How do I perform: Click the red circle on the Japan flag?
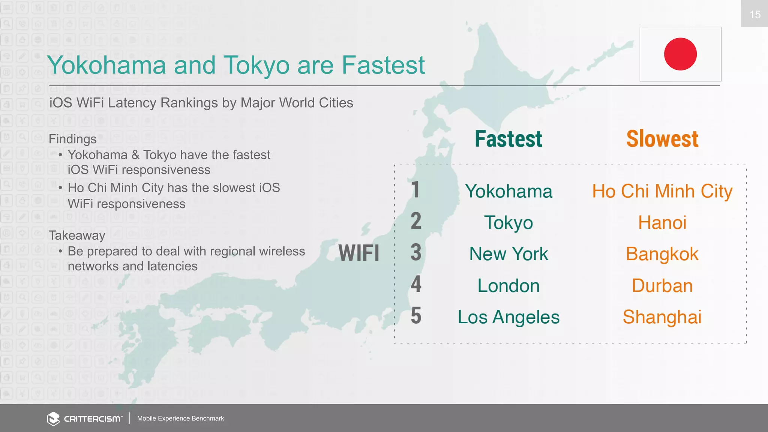click(x=680, y=54)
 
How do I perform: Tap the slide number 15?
click(x=754, y=15)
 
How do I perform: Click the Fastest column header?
click(x=508, y=139)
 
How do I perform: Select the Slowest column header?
click(x=662, y=139)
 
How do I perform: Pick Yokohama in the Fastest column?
click(x=508, y=191)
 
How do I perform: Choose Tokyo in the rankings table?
click(x=508, y=223)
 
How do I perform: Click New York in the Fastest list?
click(x=508, y=254)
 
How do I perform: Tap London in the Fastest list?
click(x=508, y=285)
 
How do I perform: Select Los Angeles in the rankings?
click(x=508, y=317)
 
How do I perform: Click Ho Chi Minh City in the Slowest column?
click(x=662, y=191)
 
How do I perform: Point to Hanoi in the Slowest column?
click(x=662, y=222)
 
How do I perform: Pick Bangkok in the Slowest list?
click(x=662, y=254)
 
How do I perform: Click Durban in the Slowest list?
click(x=662, y=285)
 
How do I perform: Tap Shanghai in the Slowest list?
click(x=662, y=317)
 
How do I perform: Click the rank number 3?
click(x=416, y=252)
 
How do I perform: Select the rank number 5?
click(x=416, y=315)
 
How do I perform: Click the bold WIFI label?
click(x=359, y=253)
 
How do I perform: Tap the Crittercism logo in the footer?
click(x=85, y=418)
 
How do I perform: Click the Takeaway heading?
click(x=77, y=235)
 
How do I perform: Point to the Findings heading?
click(x=73, y=139)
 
